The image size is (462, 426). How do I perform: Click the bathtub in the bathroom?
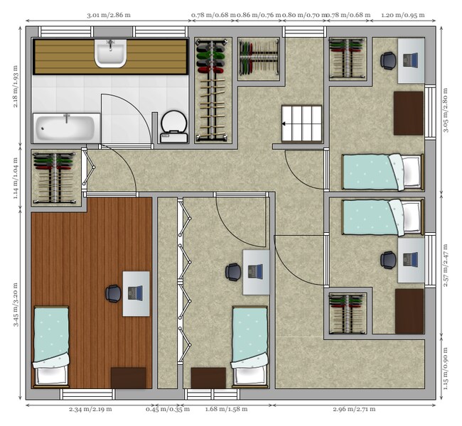[x=66, y=128]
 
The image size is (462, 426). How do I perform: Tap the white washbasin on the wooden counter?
[x=110, y=54]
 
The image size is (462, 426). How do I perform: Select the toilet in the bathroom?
[x=173, y=126]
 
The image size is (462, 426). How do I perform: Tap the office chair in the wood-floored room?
[x=113, y=292]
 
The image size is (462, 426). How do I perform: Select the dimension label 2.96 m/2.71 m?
[x=354, y=410]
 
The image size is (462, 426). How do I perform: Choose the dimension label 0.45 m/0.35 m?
[x=163, y=410]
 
